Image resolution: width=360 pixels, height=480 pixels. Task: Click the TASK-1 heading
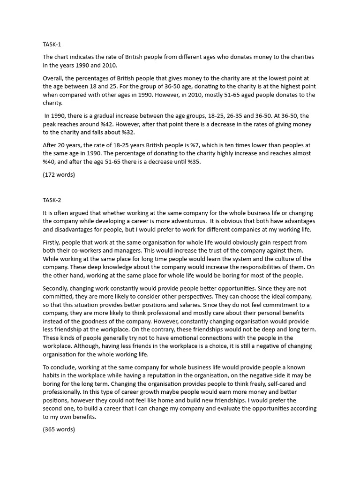(52, 45)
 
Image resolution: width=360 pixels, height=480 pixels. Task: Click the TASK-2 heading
(52, 200)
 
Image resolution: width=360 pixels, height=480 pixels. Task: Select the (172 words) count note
(59, 175)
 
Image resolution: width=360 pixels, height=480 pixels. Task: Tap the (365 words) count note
(59, 429)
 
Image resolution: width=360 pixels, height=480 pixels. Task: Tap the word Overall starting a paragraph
(54, 78)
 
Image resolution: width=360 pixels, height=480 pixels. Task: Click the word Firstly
(52, 242)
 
